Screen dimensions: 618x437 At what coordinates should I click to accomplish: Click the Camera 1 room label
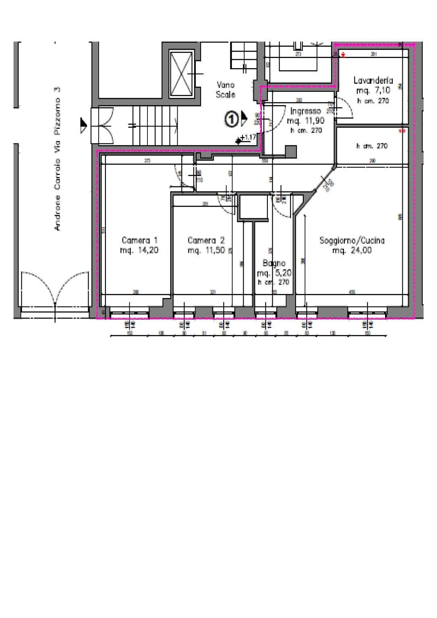click(x=139, y=240)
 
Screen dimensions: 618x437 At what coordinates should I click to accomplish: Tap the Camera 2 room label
click(x=206, y=240)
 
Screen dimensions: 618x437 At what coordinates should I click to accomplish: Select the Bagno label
click(x=274, y=263)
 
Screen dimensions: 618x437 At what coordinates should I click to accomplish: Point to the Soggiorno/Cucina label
click(x=352, y=240)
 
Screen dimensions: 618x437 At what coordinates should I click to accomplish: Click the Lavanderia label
click(x=373, y=81)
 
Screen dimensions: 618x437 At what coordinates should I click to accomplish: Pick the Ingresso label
click(x=305, y=111)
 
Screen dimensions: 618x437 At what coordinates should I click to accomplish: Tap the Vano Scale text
click(x=226, y=90)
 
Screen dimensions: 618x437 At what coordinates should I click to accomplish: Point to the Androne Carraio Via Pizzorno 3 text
click(x=57, y=159)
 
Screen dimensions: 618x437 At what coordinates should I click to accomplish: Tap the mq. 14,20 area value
click(x=139, y=250)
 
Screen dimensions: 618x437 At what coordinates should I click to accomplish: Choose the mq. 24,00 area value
click(x=352, y=250)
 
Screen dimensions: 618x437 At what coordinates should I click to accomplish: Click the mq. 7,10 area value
click(x=373, y=91)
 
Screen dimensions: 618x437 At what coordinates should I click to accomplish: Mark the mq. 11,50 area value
click(x=206, y=250)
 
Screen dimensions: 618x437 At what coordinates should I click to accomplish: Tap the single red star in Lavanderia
click(x=343, y=55)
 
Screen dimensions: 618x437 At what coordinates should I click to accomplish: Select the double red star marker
click(x=402, y=131)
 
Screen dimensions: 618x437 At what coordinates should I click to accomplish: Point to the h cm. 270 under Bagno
click(x=274, y=282)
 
